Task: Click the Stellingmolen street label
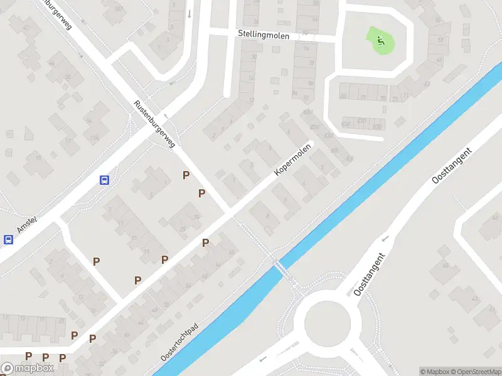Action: click(264, 36)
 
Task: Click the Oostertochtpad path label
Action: click(179, 342)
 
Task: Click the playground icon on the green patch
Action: click(380, 41)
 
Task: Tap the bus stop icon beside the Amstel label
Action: click(9, 239)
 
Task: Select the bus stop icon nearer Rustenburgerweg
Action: click(104, 180)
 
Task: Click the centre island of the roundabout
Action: click(327, 325)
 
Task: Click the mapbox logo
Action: click(26, 368)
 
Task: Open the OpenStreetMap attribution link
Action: click(476, 372)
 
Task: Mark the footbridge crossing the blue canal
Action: click(280, 268)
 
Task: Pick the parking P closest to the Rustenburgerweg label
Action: click(186, 175)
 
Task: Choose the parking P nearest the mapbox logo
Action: click(28, 356)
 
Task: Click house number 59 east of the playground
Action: click(440, 39)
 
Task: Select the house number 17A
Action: click(95, 137)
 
